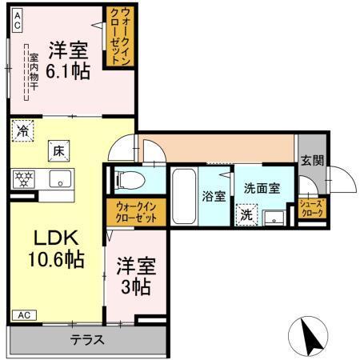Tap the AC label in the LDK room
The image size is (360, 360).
23,314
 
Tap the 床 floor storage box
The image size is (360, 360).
59,149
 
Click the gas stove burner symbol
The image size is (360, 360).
23,178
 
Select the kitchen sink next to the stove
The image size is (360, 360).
58,178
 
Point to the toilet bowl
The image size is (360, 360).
131,180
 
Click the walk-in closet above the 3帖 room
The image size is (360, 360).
134,212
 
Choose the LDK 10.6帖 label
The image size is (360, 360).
49,249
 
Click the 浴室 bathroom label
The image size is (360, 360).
214,195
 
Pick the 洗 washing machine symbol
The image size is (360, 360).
246,214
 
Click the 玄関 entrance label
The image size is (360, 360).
313,159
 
